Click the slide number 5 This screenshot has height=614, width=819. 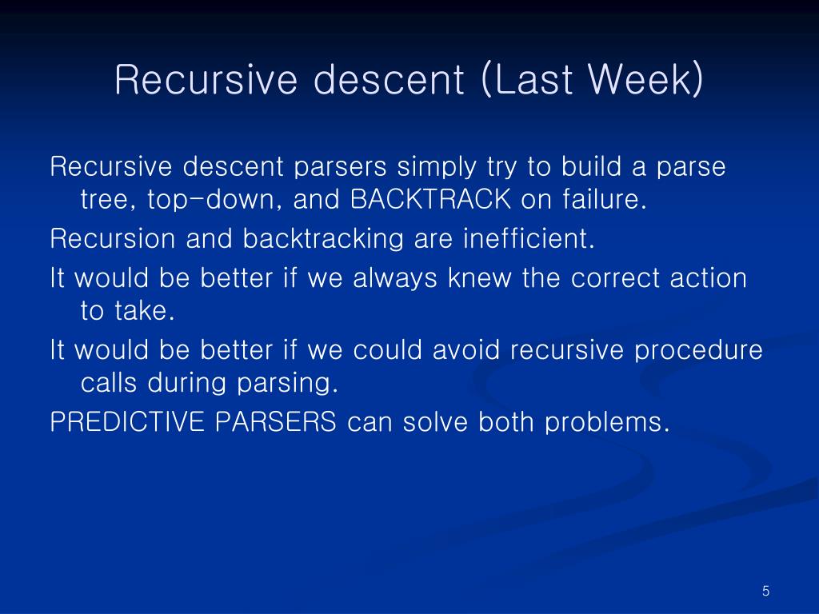coord(765,591)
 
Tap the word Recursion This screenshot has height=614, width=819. coord(112,238)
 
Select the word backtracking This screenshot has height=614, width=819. coord(323,239)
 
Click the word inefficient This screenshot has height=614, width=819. coord(529,238)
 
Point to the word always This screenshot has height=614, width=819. coord(395,279)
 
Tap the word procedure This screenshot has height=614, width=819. coord(698,351)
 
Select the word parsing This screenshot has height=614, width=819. coord(288,384)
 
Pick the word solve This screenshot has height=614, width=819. coord(435,422)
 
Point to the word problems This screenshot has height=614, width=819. coord(607,423)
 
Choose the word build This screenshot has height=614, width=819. coord(591,166)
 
